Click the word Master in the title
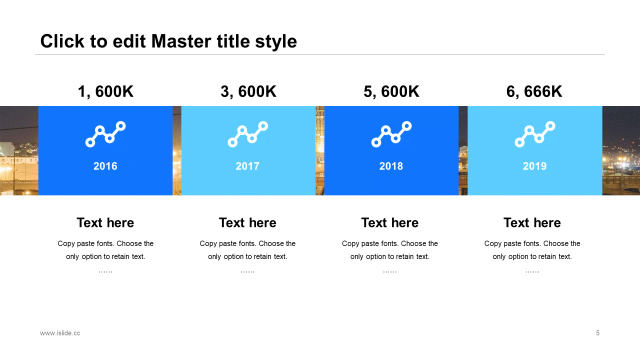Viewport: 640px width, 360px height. pos(181,41)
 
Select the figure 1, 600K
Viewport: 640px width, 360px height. pos(105,91)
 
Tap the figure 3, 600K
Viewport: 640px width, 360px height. pos(248,91)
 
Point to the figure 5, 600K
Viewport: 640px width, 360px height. pos(391,91)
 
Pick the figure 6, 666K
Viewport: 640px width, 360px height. pos(534,91)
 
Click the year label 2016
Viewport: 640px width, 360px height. pos(105,166)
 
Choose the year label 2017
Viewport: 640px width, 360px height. pos(247,166)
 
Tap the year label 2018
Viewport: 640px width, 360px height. pos(391,166)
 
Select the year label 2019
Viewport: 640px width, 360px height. pos(534,166)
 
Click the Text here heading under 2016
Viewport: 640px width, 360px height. pos(105,223)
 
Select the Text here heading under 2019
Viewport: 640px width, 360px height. pos(532,223)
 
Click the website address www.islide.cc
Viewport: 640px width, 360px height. pos(60,333)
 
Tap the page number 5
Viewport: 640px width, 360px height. pos(597,333)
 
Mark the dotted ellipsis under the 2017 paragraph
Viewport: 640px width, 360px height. pos(247,271)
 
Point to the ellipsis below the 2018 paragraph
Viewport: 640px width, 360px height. pos(389,271)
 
